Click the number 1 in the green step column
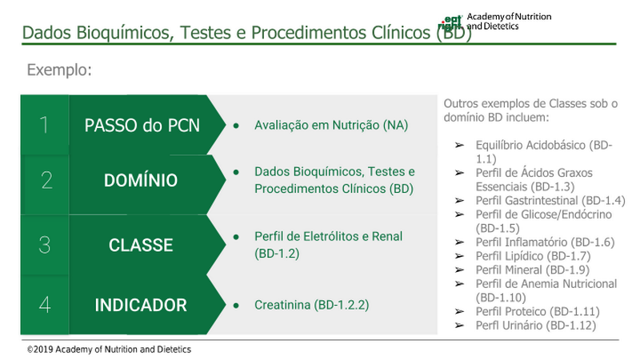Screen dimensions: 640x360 (x=44, y=125)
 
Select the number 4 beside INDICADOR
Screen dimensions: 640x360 (x=45, y=305)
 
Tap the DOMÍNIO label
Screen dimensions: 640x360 (x=141, y=181)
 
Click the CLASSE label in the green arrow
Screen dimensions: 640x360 (x=141, y=245)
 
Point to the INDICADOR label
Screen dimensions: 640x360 (x=141, y=305)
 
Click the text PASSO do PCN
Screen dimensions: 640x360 (x=142, y=126)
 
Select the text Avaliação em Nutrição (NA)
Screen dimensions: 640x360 (x=331, y=125)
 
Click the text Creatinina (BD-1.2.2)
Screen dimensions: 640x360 (x=311, y=305)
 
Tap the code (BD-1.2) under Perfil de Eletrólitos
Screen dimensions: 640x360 (x=277, y=254)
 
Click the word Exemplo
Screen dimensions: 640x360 (x=59, y=70)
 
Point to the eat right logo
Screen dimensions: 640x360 (x=450, y=22)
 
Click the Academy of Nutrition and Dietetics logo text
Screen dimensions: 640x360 (x=509, y=22)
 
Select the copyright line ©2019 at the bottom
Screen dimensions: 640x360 (x=109, y=350)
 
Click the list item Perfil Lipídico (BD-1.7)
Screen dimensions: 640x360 (x=533, y=256)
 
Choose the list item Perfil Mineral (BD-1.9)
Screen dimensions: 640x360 (x=532, y=270)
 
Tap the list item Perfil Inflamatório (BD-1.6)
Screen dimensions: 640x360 (x=545, y=242)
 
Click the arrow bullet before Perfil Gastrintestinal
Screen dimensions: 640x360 (x=459, y=201)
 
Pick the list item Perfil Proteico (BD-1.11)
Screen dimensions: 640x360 (x=538, y=311)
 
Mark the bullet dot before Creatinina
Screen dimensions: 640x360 (x=236, y=305)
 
